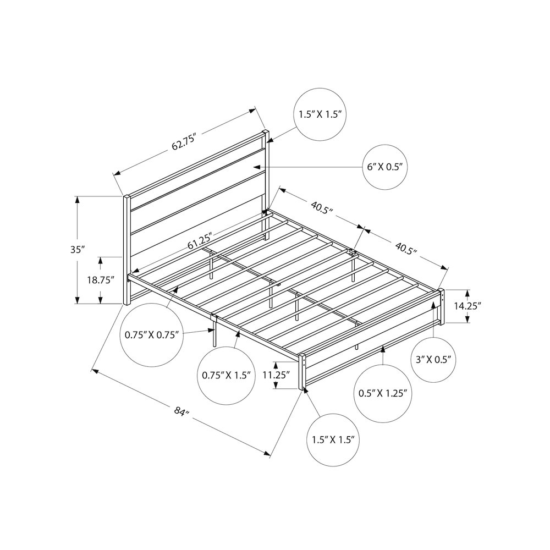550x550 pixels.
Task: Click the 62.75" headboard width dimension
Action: (x=183, y=141)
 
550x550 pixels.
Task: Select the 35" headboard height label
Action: (x=78, y=250)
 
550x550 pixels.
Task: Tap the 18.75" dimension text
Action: (x=101, y=280)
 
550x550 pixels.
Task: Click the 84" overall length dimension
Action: (x=182, y=411)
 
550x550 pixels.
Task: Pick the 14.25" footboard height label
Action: (x=467, y=306)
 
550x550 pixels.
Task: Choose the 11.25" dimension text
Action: (x=277, y=375)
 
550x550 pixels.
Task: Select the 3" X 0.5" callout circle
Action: (x=433, y=360)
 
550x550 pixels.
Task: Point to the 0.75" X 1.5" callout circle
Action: (x=226, y=376)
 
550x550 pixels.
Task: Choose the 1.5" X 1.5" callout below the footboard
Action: (x=334, y=440)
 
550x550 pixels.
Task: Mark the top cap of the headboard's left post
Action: (x=127, y=197)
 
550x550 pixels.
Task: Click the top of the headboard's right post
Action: (x=266, y=132)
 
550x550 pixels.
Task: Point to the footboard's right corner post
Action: (x=442, y=307)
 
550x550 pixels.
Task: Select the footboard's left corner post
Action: (x=302, y=372)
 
